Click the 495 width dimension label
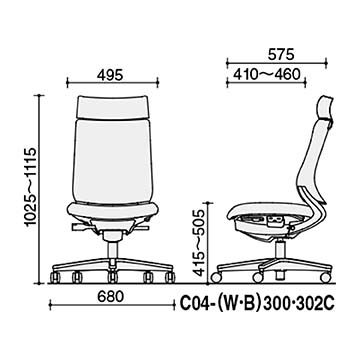pyautogui.click(x=110, y=76)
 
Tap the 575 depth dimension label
pyautogui.click(x=281, y=55)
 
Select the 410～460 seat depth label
pyautogui.click(x=267, y=75)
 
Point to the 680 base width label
pyautogui.click(x=110, y=297)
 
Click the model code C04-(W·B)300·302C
pyautogui.click(x=257, y=304)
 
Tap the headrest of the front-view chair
pyautogui.click(x=113, y=107)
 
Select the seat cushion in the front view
pyautogui.click(x=113, y=211)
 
